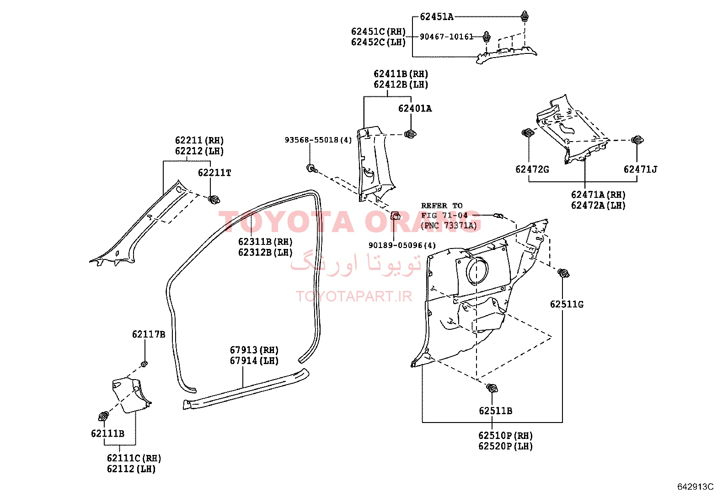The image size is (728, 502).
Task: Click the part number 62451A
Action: (x=436, y=16)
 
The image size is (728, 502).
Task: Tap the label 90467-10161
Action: (x=447, y=37)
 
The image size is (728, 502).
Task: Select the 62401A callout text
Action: (x=415, y=108)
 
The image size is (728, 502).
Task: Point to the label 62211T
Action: (x=214, y=173)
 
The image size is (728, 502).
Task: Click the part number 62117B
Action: (x=149, y=334)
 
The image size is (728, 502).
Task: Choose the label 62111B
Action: (x=107, y=433)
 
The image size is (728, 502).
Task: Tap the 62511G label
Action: (x=567, y=304)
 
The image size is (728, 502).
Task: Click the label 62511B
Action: (x=496, y=411)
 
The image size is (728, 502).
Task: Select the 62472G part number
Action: (x=532, y=169)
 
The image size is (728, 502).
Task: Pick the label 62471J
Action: (x=640, y=169)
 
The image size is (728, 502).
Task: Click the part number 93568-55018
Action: (x=311, y=140)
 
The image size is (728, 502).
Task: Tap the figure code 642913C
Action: (x=695, y=486)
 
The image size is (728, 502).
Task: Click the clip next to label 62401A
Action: (x=410, y=134)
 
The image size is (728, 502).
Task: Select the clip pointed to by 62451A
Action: (x=525, y=16)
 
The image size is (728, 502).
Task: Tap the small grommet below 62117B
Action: (x=145, y=363)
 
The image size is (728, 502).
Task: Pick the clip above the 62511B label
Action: (x=492, y=388)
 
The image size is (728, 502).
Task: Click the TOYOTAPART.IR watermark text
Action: (x=354, y=296)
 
